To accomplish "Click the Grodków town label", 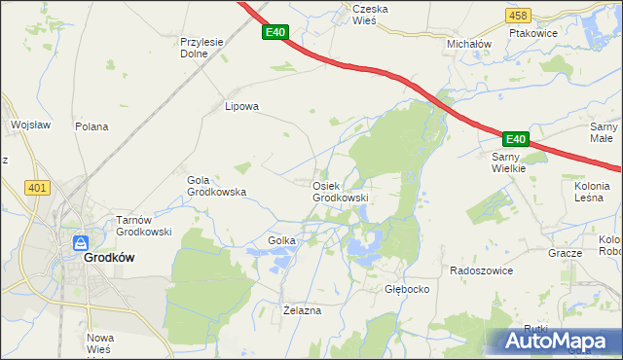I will pos(108,258).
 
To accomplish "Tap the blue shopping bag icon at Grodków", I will pos(82,243).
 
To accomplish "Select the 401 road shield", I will pos(38,188).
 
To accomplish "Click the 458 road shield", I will pos(518,16).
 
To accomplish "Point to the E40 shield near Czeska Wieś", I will pos(275,33).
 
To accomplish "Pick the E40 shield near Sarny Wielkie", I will pos(516,139).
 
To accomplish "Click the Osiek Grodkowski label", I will pos(340,192).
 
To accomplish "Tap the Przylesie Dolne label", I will pos(202,49).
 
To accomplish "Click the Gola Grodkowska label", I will pos(216,186).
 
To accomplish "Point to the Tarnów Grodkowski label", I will pos(144,226).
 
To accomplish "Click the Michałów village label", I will pos(469,45).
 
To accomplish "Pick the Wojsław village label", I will pos(30,125).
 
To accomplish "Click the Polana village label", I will pos(92,126).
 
